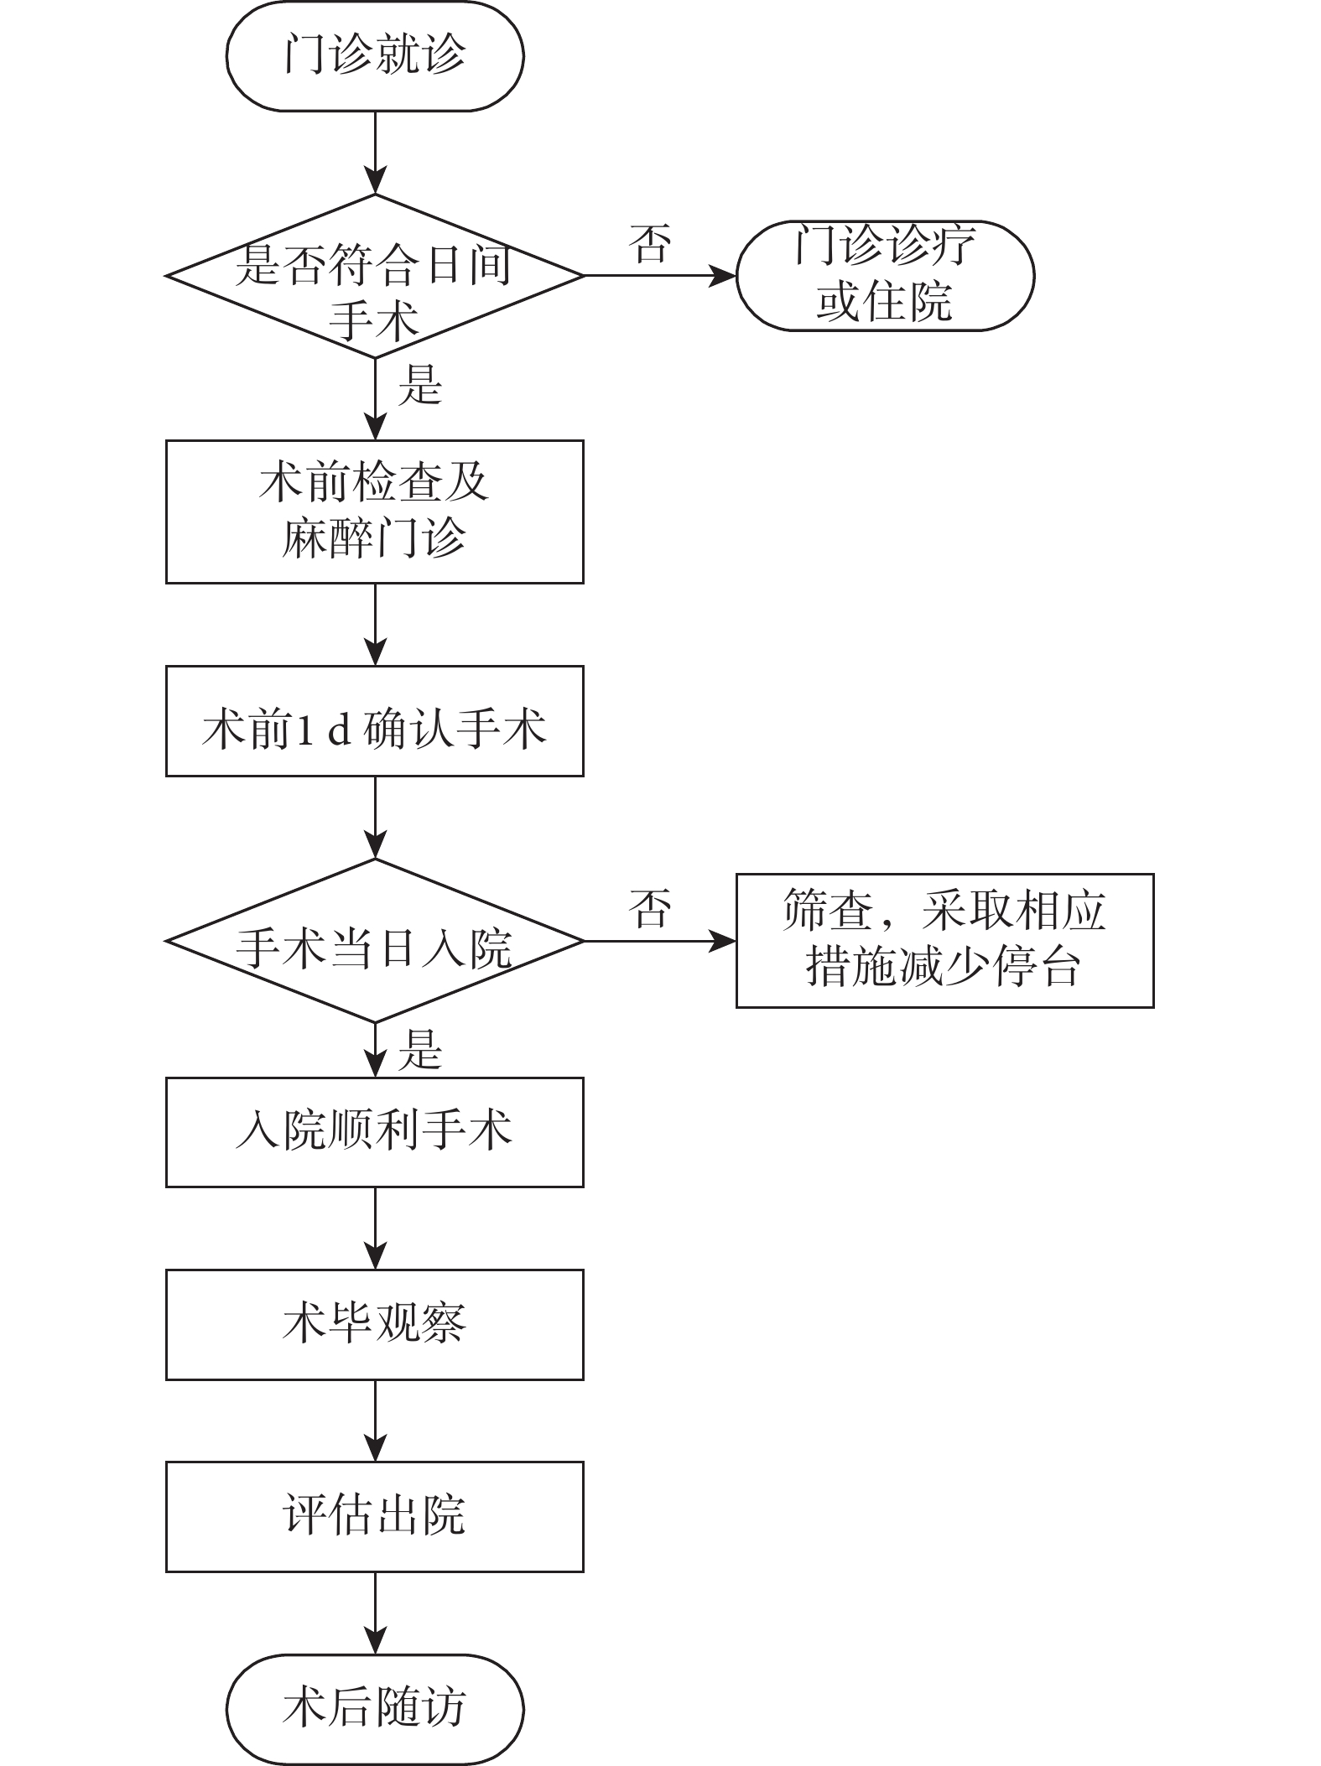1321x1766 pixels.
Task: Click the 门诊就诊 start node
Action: point(374,56)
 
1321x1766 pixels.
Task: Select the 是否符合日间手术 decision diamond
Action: point(374,276)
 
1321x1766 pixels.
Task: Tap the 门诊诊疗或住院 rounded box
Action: point(885,276)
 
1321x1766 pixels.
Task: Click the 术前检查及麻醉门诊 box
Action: point(374,512)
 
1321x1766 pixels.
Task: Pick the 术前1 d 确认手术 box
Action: point(374,721)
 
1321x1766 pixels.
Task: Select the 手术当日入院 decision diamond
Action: point(374,941)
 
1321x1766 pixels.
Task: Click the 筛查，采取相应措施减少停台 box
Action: point(944,941)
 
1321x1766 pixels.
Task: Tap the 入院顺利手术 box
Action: point(374,1132)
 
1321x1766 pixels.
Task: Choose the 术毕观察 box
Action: point(374,1325)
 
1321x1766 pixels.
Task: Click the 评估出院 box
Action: point(374,1518)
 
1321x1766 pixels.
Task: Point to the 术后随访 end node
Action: point(374,1710)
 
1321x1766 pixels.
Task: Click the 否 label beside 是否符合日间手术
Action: point(650,243)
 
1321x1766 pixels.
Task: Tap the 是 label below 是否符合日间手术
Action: point(419,386)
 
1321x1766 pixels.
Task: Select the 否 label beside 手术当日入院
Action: point(650,908)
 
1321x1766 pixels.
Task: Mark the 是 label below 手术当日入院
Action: point(419,1050)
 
